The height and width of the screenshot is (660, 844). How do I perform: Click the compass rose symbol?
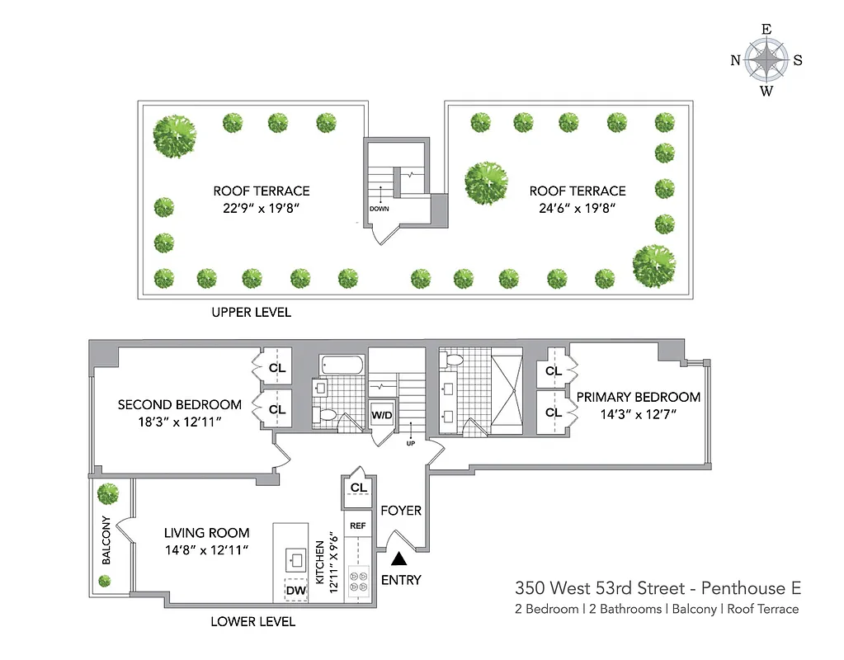pos(766,60)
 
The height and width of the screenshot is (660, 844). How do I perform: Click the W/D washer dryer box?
pos(381,415)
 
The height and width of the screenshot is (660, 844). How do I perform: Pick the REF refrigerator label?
pos(358,526)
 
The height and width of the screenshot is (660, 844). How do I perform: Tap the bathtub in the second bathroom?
pos(340,364)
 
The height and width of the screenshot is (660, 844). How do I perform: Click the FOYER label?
pos(401,511)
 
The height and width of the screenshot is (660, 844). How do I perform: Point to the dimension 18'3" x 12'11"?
pos(179,422)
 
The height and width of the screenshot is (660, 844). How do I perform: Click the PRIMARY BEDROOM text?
pos(638,397)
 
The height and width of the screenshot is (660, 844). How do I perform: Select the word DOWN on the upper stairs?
pos(379,209)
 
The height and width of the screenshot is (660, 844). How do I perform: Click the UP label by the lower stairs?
pos(410,443)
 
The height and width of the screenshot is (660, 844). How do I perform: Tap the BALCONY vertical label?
pos(106,540)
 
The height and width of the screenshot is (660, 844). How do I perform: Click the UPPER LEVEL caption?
pos(251,313)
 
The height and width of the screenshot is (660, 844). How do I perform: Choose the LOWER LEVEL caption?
pos(252,621)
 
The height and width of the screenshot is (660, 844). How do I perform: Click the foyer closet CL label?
pos(358,488)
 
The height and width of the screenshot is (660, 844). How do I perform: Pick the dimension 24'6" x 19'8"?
pos(577,208)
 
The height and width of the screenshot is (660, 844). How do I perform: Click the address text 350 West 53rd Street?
pos(600,588)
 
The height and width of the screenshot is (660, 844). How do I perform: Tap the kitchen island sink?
pos(295,559)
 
